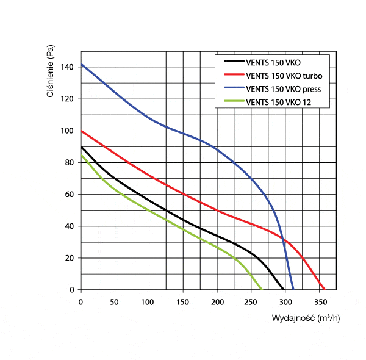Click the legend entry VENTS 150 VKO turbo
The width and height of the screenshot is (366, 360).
[x=284, y=76]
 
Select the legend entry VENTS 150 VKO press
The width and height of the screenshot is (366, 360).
[x=283, y=90]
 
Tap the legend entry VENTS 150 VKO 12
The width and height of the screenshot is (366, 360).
[x=278, y=103]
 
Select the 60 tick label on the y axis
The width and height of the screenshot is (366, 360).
[x=70, y=194]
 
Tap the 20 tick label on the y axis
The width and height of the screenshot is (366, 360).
[x=70, y=258]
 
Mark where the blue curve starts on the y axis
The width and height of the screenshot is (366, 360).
[x=81, y=64]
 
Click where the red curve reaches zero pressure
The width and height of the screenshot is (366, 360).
[x=325, y=290]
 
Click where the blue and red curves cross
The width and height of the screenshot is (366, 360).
[x=283, y=239]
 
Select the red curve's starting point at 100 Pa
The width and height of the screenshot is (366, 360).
[x=81, y=131]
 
